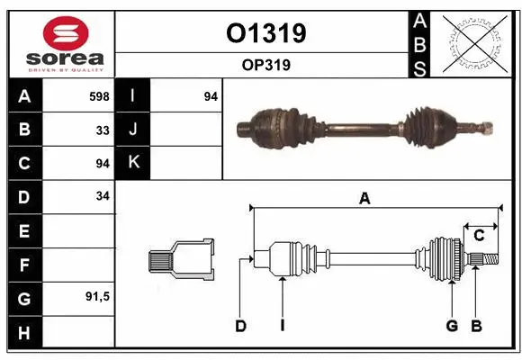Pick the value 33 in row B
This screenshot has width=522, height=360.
[x=103, y=130]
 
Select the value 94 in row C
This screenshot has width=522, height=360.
[x=103, y=163]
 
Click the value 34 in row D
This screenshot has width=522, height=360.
[x=103, y=196]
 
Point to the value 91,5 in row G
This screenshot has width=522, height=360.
[x=98, y=295]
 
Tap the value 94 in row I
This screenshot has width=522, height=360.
[x=211, y=96]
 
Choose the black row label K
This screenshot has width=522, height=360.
[x=133, y=163]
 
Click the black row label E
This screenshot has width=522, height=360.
[x=24, y=230]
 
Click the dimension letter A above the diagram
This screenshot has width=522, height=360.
[x=364, y=199]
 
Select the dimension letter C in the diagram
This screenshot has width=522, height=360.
[x=480, y=236]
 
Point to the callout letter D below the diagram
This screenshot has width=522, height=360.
[x=240, y=326]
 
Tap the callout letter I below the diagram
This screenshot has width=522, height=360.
[x=282, y=326]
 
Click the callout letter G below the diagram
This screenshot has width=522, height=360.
[x=452, y=326]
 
